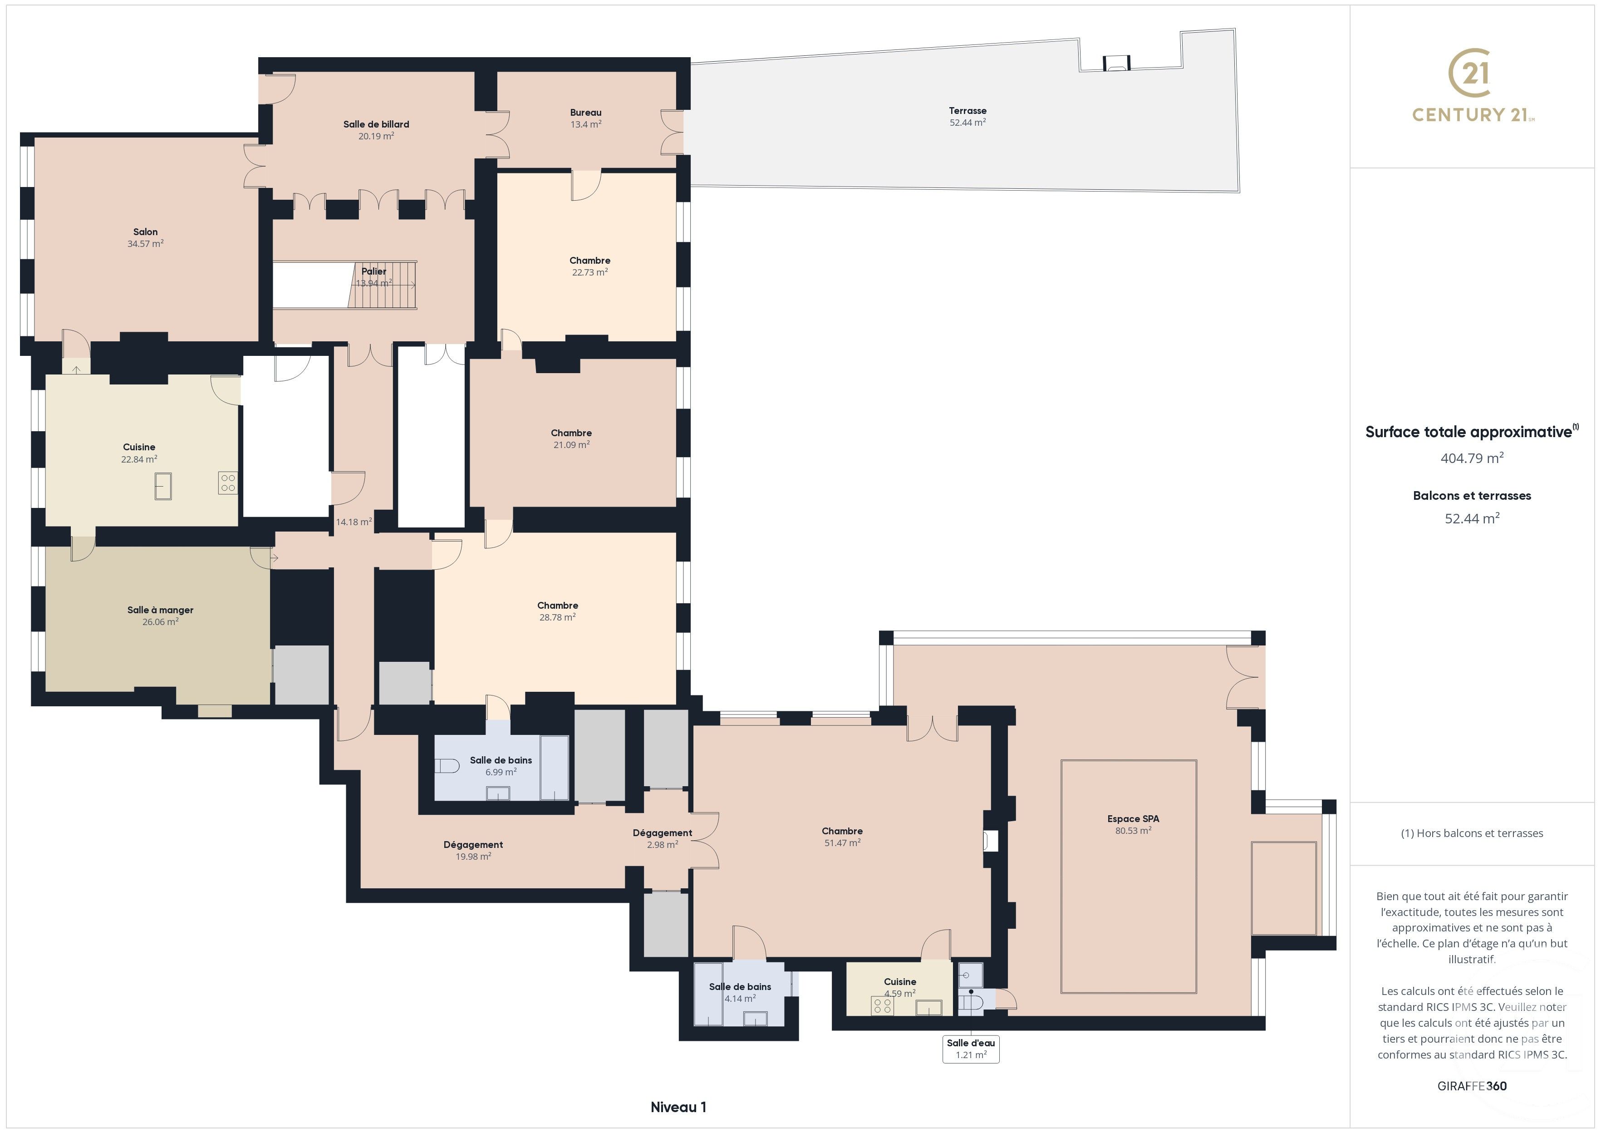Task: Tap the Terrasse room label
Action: (967, 111)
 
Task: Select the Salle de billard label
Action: (376, 124)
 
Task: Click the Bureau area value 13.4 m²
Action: (586, 125)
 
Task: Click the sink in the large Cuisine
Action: (163, 486)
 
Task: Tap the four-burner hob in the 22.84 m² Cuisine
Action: (228, 483)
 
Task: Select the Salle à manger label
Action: (160, 610)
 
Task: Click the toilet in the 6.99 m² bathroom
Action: (447, 766)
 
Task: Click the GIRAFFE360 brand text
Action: (1471, 1085)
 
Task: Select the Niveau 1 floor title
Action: (678, 1107)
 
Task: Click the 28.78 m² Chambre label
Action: (557, 606)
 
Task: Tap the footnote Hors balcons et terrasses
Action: (1471, 833)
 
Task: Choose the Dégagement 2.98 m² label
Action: (662, 833)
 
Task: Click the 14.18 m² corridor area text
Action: (354, 522)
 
